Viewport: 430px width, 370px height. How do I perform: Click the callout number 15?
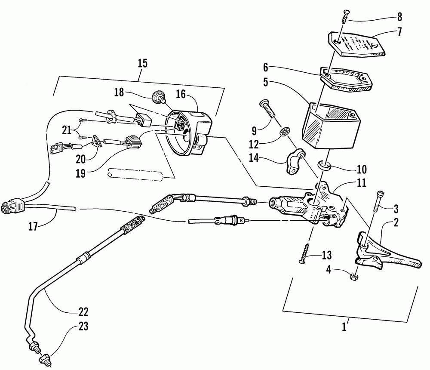point(143,64)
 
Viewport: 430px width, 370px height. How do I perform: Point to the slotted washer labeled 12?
point(283,132)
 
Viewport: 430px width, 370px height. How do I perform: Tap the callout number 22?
point(83,311)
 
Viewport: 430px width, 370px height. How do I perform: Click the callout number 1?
point(344,327)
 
